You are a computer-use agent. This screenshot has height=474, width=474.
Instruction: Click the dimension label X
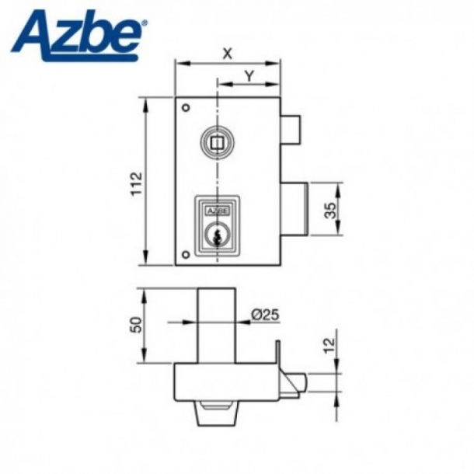pos(227,53)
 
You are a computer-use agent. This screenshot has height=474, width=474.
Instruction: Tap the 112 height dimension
pos(135,183)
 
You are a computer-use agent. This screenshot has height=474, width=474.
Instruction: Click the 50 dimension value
pos(135,325)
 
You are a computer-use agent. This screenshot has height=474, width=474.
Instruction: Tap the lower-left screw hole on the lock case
pos(185,256)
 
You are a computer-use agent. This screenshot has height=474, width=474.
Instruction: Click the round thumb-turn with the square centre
pos(217,142)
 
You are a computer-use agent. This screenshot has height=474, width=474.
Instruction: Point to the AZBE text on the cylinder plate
pos(217,210)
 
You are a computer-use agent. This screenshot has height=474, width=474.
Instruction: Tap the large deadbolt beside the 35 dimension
pos(295,210)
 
